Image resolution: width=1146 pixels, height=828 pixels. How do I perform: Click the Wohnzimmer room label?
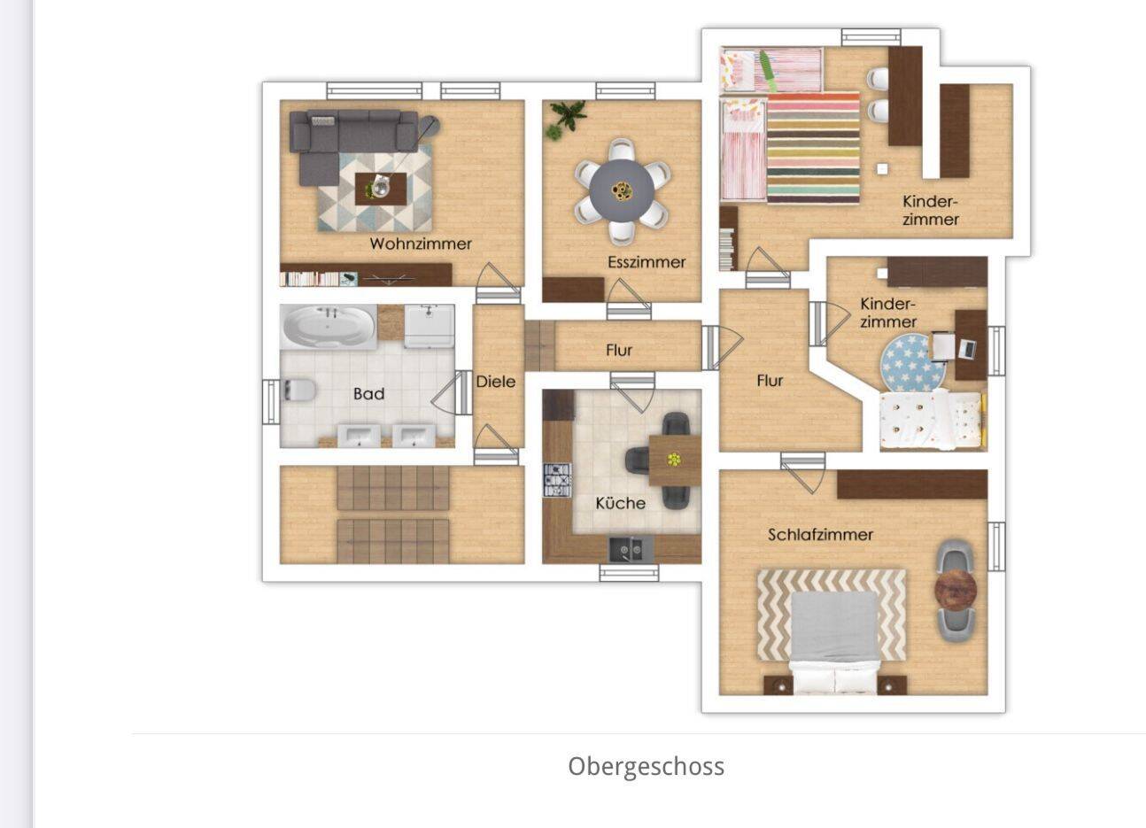[x=421, y=244]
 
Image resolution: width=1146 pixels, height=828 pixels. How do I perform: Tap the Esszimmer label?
[x=647, y=262]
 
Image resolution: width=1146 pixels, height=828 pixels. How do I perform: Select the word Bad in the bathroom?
[x=368, y=393]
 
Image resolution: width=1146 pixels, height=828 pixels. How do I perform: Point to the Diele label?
[x=495, y=382]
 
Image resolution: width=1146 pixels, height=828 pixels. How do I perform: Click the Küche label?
[x=620, y=503]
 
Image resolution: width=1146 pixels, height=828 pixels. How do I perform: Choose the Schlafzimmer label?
[x=820, y=535]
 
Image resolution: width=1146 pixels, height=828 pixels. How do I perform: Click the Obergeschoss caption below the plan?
[x=647, y=766]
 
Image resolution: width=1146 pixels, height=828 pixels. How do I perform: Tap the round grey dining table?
[x=622, y=191]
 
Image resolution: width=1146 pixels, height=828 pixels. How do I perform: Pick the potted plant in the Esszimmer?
[x=566, y=119]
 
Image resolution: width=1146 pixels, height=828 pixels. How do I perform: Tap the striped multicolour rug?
[x=813, y=148]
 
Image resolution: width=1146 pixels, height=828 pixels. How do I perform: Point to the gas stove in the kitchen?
[x=557, y=480]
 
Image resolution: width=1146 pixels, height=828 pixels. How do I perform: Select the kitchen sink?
[x=631, y=550]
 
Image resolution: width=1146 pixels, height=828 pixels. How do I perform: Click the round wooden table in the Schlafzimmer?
[x=956, y=590]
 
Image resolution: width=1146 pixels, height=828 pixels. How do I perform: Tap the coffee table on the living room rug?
[x=381, y=189]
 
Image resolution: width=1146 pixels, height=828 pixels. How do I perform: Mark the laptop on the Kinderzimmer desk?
[x=967, y=349]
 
